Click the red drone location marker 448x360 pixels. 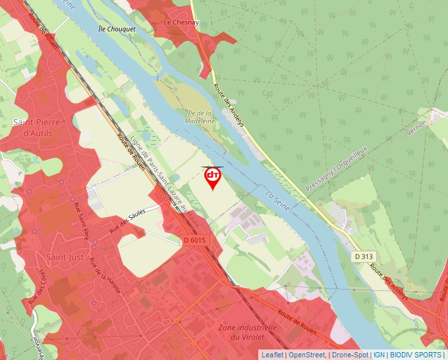click(212, 177)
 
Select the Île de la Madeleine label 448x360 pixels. click(200, 116)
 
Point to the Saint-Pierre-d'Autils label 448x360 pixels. click(38, 128)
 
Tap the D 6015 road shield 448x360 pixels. click(195, 240)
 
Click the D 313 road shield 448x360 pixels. click(364, 256)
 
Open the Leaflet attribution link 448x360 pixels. click(272, 355)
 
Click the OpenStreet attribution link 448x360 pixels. click(306, 355)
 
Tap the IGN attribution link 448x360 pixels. click(379, 355)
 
